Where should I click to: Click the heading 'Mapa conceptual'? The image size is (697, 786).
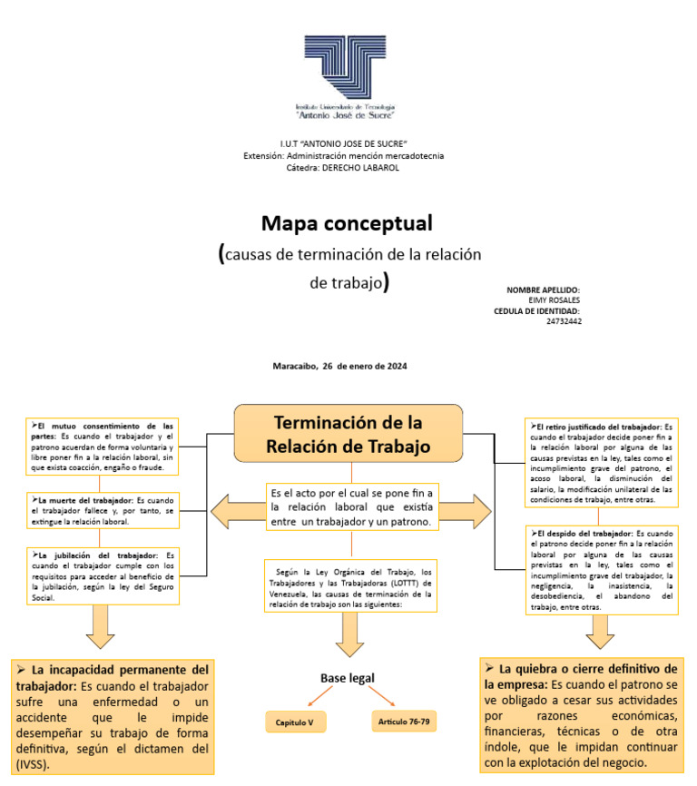(347, 222)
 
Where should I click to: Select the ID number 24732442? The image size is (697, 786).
(564, 321)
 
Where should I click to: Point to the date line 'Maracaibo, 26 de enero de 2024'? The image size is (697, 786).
(339, 366)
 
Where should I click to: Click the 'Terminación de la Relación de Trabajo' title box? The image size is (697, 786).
(349, 434)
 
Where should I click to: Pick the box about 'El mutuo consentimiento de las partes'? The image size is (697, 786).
(102, 447)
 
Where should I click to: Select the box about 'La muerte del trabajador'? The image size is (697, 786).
(102, 511)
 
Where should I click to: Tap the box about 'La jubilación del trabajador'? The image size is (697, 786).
(102, 575)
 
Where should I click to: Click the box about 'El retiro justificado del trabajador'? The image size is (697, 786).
(602, 464)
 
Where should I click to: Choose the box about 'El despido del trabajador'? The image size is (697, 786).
(602, 569)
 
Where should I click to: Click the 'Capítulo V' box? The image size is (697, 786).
(295, 722)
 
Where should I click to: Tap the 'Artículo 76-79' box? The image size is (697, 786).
(403, 722)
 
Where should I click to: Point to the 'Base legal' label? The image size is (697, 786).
(347, 678)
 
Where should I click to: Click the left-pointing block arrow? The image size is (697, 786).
(236, 511)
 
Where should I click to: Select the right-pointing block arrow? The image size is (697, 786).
(468, 511)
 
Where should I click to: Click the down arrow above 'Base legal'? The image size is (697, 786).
(349, 635)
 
